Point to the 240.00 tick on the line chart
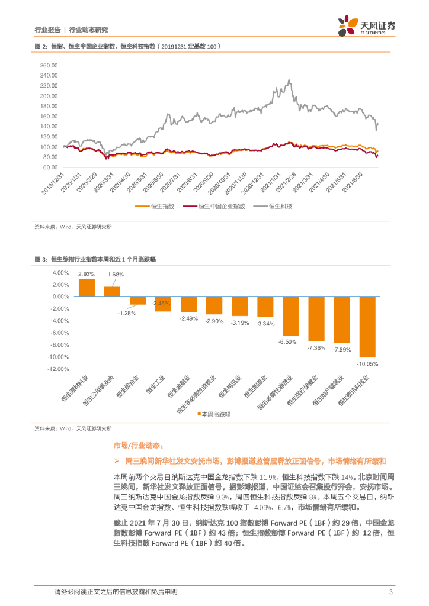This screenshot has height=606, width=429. [48, 75]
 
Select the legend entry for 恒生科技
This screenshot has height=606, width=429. [281, 206]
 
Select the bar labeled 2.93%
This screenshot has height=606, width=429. [87, 288]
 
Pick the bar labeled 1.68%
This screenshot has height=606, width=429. [112, 291]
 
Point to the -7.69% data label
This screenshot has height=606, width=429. [342, 350]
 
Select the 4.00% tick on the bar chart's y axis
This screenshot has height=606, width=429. [60, 273]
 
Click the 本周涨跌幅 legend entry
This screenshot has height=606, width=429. [216, 415]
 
